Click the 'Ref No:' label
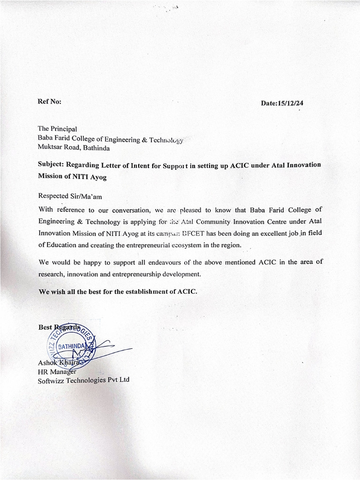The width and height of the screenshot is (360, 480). click(49, 102)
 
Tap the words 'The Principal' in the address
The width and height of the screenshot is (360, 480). click(57, 128)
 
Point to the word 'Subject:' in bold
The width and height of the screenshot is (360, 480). click(51, 165)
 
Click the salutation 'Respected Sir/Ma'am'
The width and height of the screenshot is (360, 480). click(69, 196)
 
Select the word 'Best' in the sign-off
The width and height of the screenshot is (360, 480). click(45, 328)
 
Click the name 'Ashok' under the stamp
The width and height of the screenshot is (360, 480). click(48, 362)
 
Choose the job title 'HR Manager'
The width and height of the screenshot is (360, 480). click(57, 371)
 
